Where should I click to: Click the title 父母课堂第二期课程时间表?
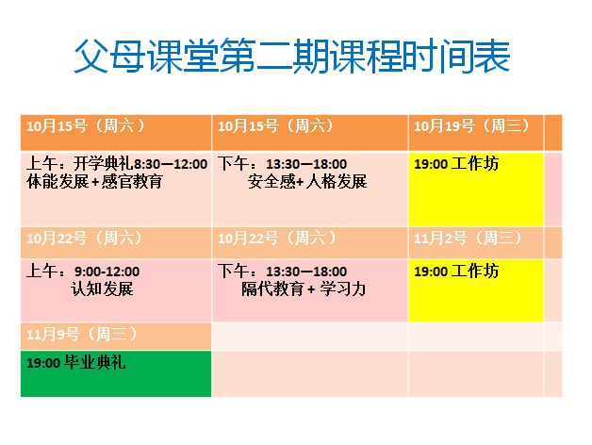[291, 58]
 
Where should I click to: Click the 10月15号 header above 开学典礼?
[86, 126]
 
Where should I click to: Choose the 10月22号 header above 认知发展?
[86, 239]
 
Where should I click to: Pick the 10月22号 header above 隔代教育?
[277, 239]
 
